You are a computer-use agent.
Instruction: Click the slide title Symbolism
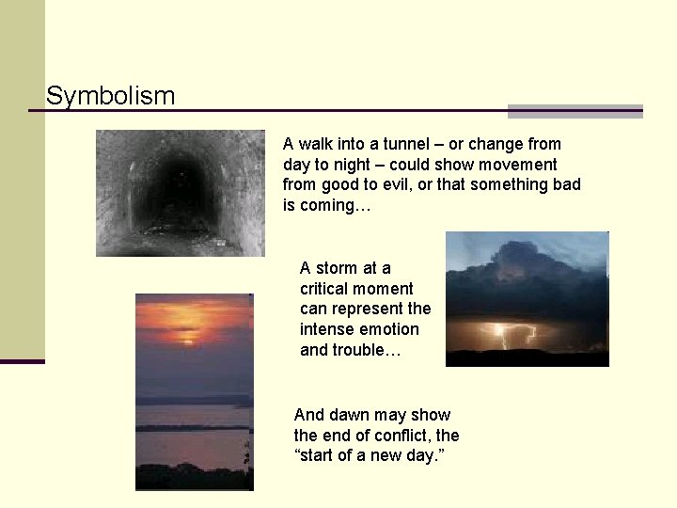tap(110, 96)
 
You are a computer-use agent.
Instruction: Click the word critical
tap(325, 289)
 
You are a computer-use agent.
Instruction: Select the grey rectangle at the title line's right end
tap(575, 111)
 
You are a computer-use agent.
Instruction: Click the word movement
tap(519, 165)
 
